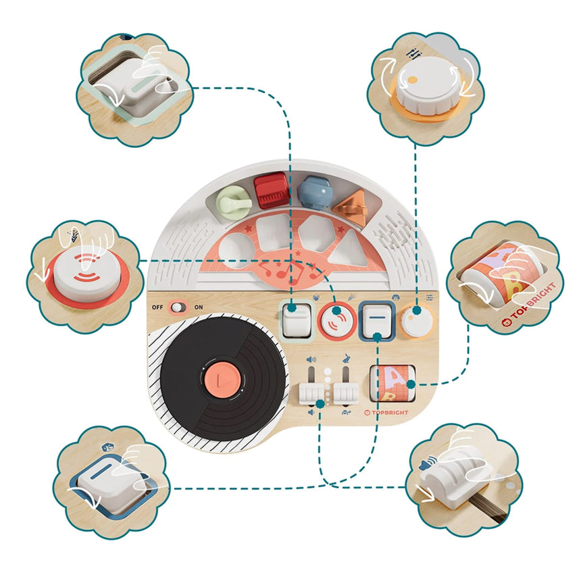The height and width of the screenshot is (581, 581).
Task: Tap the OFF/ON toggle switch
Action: pos(178,307)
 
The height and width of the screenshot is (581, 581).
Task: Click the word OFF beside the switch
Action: pos(157,307)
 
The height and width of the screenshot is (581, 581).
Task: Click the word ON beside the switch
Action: pos(199,307)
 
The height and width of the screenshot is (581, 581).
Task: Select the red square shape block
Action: pos(272,191)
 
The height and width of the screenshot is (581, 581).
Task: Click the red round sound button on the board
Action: pos(337,320)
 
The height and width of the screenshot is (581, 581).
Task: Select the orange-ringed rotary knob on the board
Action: pos(418,321)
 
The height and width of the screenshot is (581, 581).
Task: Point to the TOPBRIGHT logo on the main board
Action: pos(386,412)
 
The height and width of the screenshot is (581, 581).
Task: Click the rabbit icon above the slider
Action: pos(346,359)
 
